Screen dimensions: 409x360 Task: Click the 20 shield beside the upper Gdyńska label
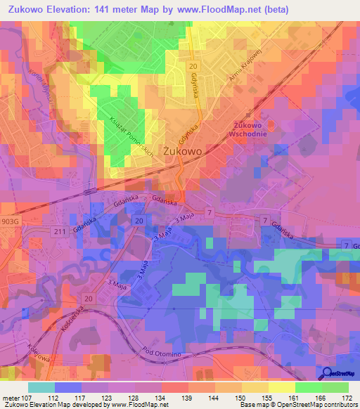pyautogui.click(x=192, y=65)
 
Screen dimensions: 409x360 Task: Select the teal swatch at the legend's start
pyautogui.click(x=41, y=387)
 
